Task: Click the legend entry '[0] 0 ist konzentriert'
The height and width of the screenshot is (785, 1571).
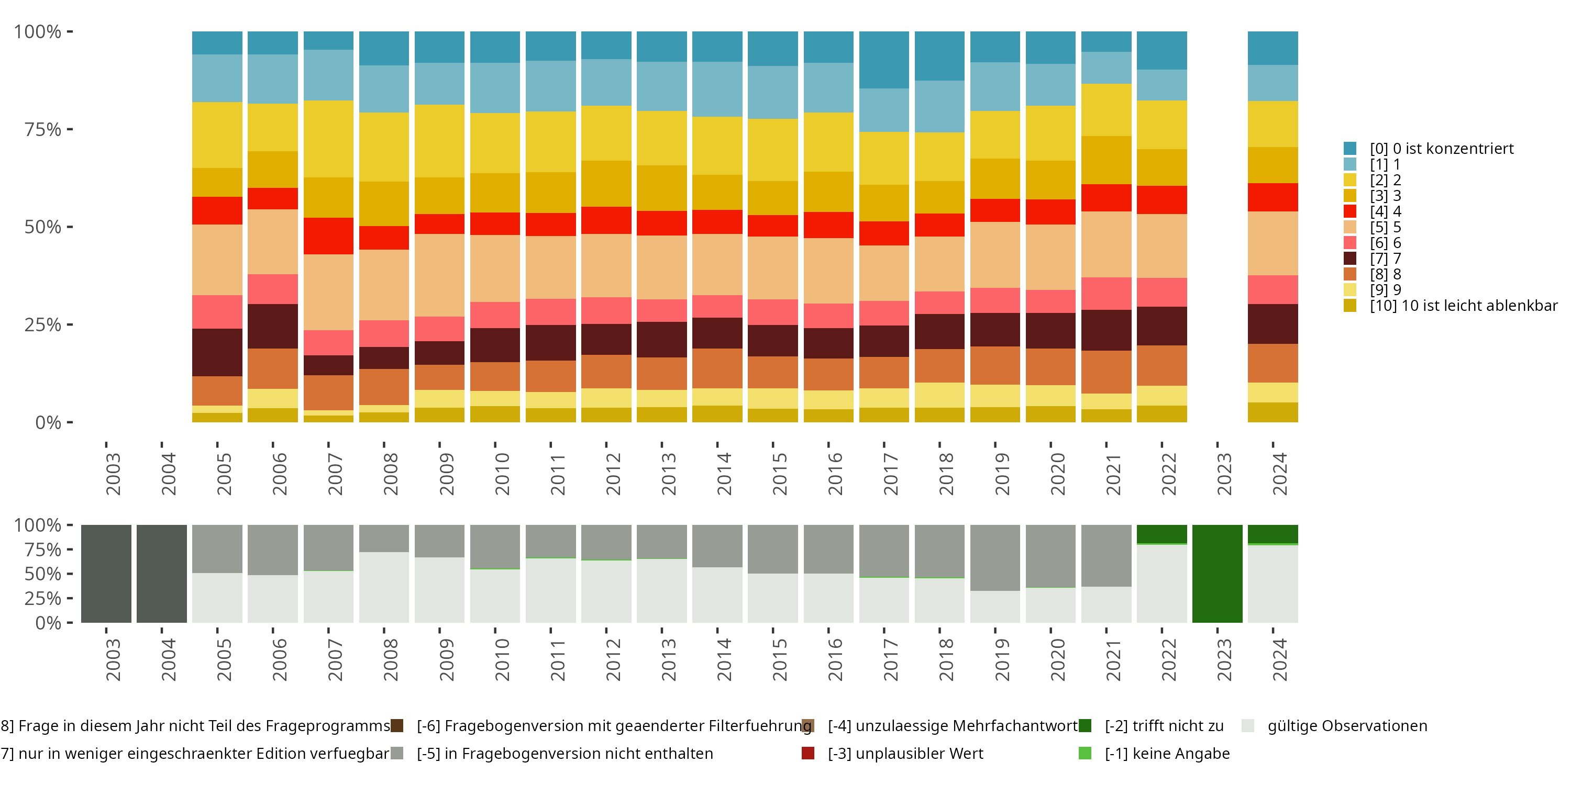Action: pos(1441,149)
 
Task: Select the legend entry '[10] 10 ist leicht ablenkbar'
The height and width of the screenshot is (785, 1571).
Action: pos(1463,305)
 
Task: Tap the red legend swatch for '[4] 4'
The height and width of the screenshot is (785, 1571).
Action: pos(1349,211)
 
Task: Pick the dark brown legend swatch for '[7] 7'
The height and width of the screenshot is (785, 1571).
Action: pos(1349,259)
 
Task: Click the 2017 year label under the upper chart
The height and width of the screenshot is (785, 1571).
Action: pos(890,474)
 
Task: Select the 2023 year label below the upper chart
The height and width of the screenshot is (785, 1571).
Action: pos(1224,474)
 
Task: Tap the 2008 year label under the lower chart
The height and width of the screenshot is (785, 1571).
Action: pos(390,660)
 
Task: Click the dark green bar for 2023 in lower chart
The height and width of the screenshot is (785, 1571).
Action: pos(1218,574)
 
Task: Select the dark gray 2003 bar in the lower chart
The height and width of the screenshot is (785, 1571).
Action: pos(106,574)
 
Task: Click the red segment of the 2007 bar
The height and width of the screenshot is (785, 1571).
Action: pos(329,236)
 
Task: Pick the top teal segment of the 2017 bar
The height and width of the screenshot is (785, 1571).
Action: pos(884,60)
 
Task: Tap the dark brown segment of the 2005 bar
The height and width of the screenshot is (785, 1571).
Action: pos(217,352)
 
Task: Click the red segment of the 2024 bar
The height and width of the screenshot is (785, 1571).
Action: pos(1273,197)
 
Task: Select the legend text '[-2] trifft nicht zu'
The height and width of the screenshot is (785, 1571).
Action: pos(1164,726)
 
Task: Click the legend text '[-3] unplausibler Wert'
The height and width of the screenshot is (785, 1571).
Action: pos(905,754)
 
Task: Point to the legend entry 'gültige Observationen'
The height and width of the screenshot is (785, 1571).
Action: pos(1346,726)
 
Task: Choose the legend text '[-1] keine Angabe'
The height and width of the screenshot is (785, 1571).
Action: pos(1167,754)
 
